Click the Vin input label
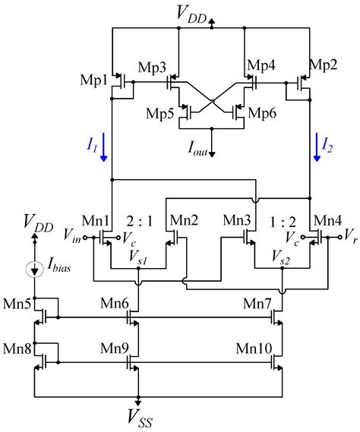(71, 236)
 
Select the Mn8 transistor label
(18, 349)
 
